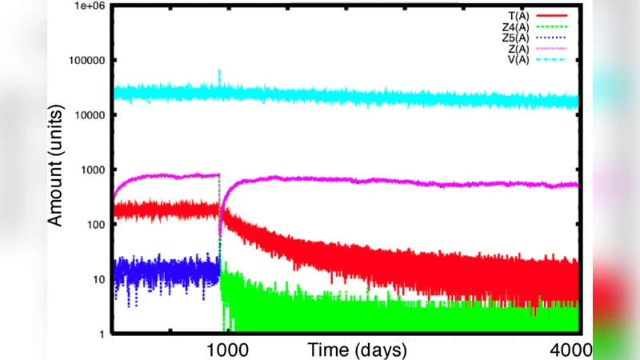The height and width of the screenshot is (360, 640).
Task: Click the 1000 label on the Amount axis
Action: pyautogui.click(x=90, y=170)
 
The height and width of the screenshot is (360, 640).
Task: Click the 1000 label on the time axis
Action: pyautogui.click(x=227, y=350)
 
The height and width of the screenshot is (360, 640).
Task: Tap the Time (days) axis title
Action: pyautogui.click(x=358, y=350)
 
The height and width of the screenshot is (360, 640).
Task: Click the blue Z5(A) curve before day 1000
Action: pyautogui.click(x=160, y=272)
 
